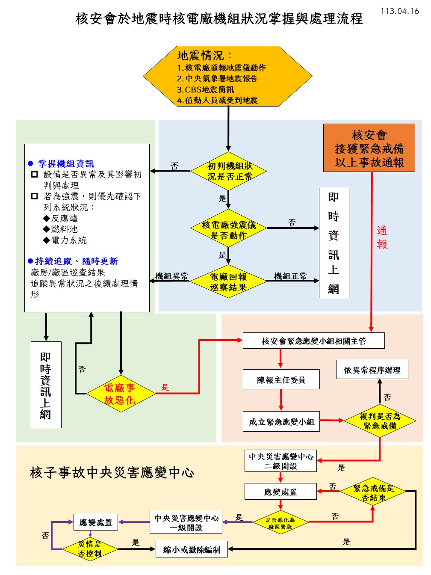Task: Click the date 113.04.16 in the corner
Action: (x=399, y=11)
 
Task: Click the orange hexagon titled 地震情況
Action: (x=227, y=77)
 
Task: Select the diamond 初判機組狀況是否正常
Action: (x=229, y=171)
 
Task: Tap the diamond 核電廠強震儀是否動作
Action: (x=229, y=230)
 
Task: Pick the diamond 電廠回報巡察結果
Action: (x=229, y=282)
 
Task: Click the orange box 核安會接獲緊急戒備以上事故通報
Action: (x=369, y=148)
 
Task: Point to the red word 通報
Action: (x=382, y=237)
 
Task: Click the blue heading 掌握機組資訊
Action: (x=66, y=163)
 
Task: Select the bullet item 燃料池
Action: (x=64, y=229)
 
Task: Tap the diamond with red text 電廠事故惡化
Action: (x=120, y=394)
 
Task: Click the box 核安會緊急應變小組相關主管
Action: (x=313, y=341)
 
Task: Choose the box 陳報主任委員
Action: (x=281, y=380)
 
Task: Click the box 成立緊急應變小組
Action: (x=281, y=422)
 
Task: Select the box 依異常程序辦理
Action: (x=372, y=370)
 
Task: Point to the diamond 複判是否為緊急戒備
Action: (x=380, y=421)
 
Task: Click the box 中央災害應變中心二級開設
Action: (x=280, y=461)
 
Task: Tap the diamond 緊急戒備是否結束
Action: (x=373, y=492)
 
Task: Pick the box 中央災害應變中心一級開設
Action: (x=186, y=522)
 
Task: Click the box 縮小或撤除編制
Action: (x=191, y=550)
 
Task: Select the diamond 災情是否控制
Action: (x=90, y=548)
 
